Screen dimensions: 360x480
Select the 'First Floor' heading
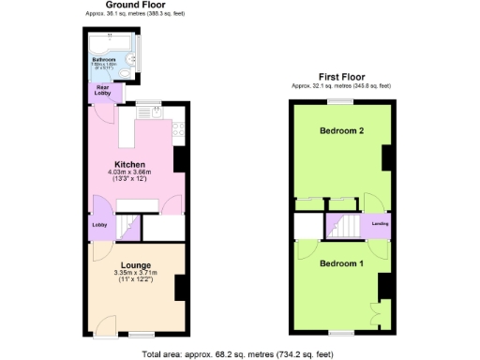click(340, 77)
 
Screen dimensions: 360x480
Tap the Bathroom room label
click(103, 58)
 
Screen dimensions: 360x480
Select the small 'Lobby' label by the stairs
click(99, 225)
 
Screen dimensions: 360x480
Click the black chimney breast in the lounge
click(180, 288)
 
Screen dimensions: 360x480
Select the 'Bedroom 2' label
click(340, 130)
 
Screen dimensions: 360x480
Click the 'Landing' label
click(380, 223)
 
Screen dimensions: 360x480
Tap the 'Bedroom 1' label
click(340, 262)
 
